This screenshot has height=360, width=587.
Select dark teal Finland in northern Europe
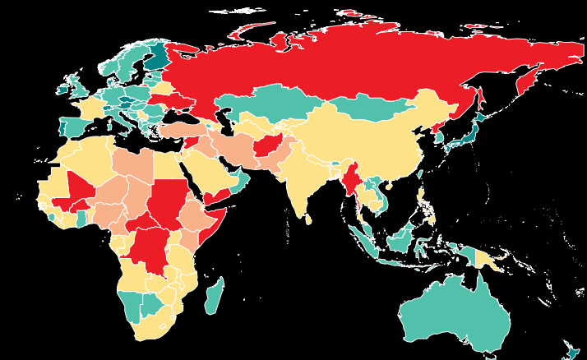coord(157,58)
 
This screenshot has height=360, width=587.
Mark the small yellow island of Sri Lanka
coord(308,219)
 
